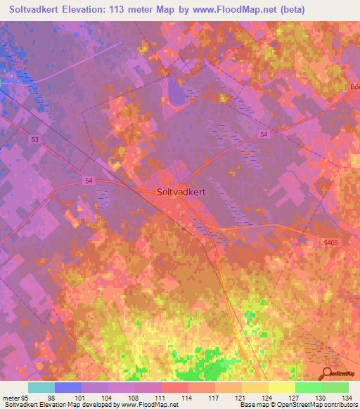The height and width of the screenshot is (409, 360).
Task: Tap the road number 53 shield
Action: [x=34, y=140]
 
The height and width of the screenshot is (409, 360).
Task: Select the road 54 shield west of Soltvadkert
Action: [x=89, y=181]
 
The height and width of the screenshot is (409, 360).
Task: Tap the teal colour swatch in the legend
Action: [x=41, y=387]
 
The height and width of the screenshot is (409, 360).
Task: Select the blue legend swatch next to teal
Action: [x=68, y=387]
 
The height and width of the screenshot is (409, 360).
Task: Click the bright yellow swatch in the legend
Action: [x=281, y=387]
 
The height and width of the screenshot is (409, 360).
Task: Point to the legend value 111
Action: [x=162, y=398]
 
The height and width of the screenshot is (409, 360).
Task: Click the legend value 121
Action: [x=242, y=398]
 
